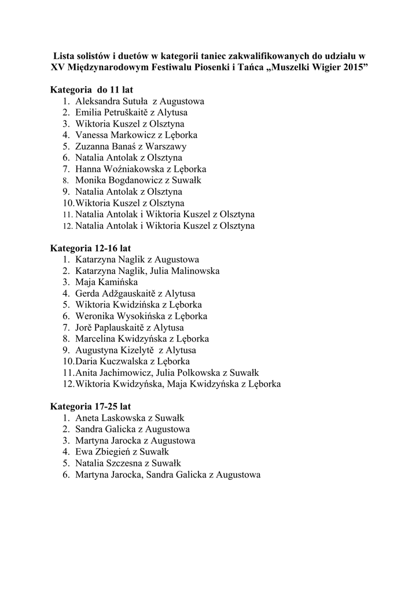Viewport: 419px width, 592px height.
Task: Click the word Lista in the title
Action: point(63,56)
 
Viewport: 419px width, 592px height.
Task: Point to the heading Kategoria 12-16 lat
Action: point(90,248)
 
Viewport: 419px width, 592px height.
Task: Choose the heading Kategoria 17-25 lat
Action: point(90,406)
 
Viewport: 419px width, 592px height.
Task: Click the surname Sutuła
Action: point(135,102)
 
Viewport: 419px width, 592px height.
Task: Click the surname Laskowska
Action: point(123,418)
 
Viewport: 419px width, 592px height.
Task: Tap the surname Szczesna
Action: point(128,463)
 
